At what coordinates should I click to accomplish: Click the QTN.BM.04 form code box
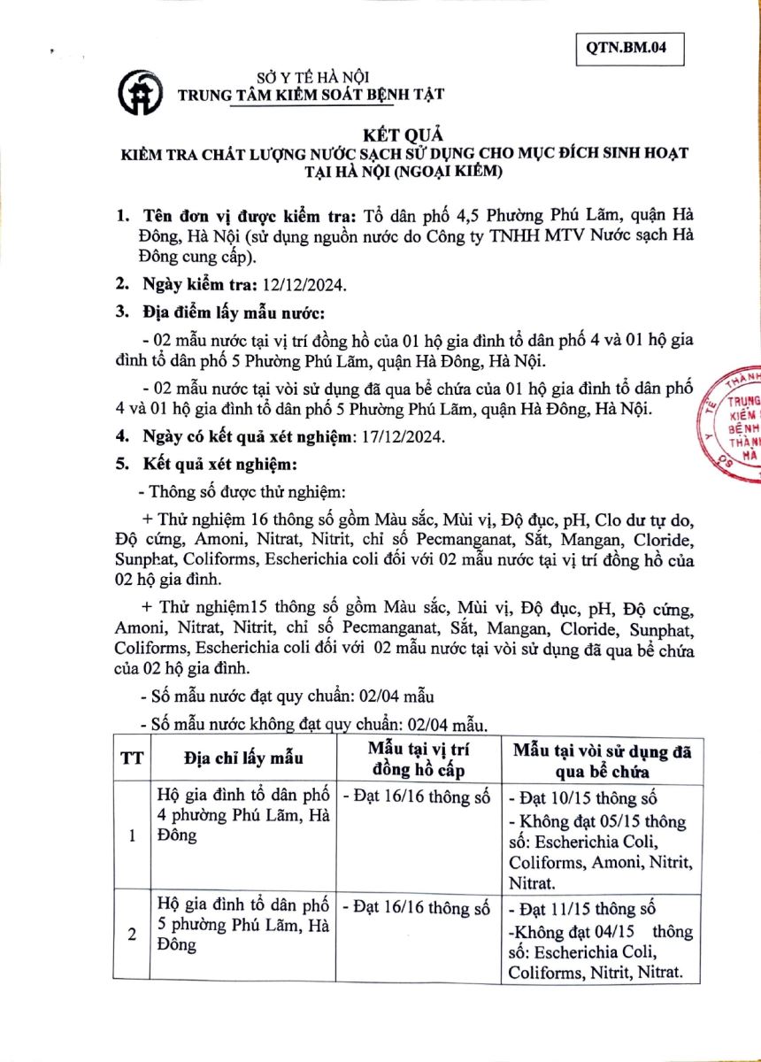tap(631, 50)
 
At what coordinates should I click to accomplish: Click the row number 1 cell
tap(131, 835)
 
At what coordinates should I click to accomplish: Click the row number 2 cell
tap(131, 935)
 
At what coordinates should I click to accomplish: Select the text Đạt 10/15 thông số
tap(588, 796)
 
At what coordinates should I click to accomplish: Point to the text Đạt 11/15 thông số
tap(588, 909)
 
